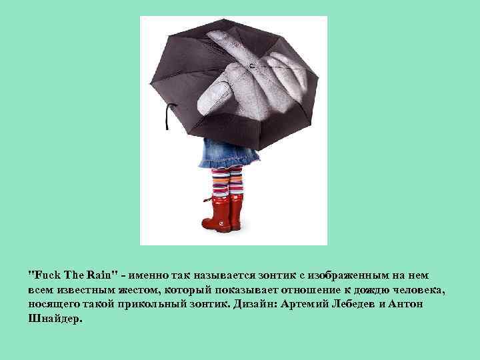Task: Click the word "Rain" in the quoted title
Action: click(x=103, y=274)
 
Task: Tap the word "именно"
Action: click(x=151, y=274)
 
